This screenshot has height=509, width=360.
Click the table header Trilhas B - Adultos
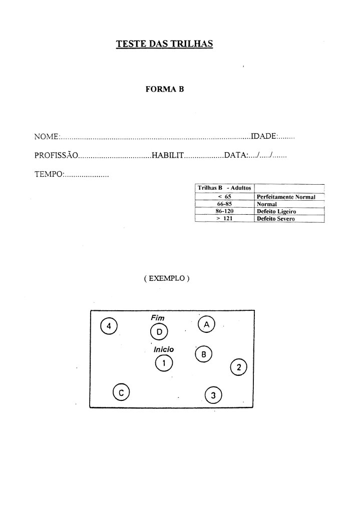point(224,188)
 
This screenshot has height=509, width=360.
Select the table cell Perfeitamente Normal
point(286,197)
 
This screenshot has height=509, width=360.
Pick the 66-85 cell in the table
point(224,204)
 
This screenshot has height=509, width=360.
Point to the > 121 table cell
point(224,219)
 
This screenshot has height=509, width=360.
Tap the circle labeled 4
point(109,326)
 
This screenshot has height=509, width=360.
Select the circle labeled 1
point(163,363)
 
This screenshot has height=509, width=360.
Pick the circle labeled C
point(121,392)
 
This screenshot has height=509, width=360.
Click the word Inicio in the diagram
point(164,349)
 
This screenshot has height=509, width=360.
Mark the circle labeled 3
point(213,396)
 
